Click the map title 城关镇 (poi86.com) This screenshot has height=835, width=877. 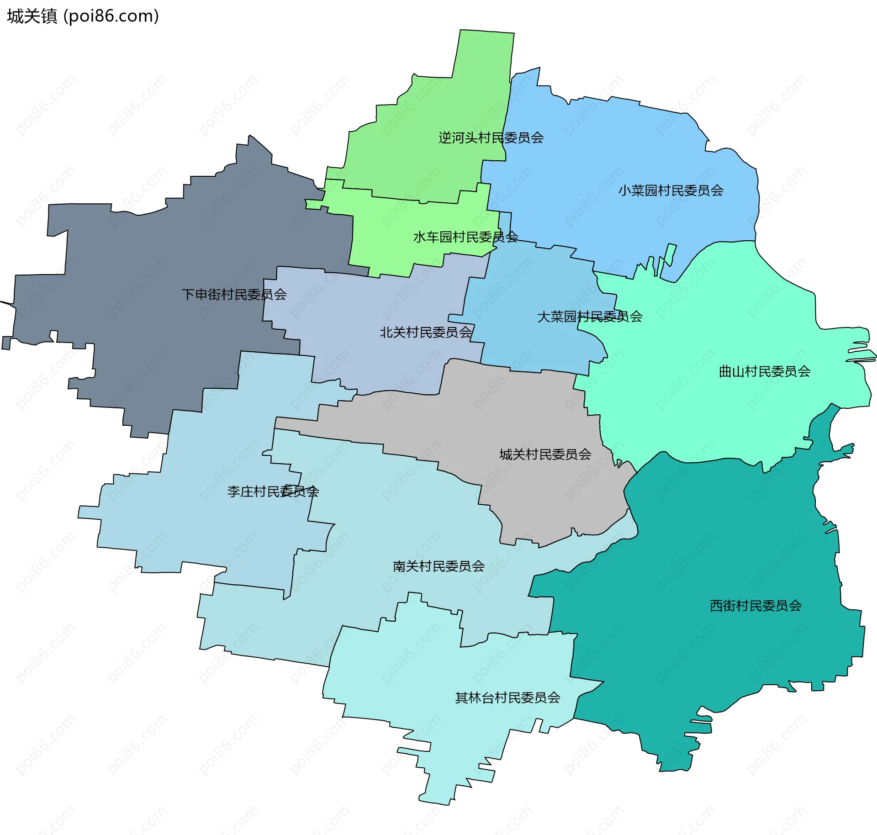click(83, 16)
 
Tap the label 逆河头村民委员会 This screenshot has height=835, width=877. click(491, 137)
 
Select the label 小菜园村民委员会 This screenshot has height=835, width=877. click(671, 190)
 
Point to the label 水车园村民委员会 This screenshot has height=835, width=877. click(465, 237)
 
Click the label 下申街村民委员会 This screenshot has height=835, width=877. click(234, 294)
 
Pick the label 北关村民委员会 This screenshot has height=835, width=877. click(425, 332)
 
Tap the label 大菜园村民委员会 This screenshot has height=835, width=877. click(589, 316)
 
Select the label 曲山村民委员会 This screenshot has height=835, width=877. click(764, 371)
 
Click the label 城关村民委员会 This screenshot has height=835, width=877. click(545, 454)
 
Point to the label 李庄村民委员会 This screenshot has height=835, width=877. click(273, 491)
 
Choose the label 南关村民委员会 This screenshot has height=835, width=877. click(438, 566)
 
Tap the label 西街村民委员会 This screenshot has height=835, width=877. click(755, 605)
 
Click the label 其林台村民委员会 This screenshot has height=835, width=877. click(507, 698)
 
